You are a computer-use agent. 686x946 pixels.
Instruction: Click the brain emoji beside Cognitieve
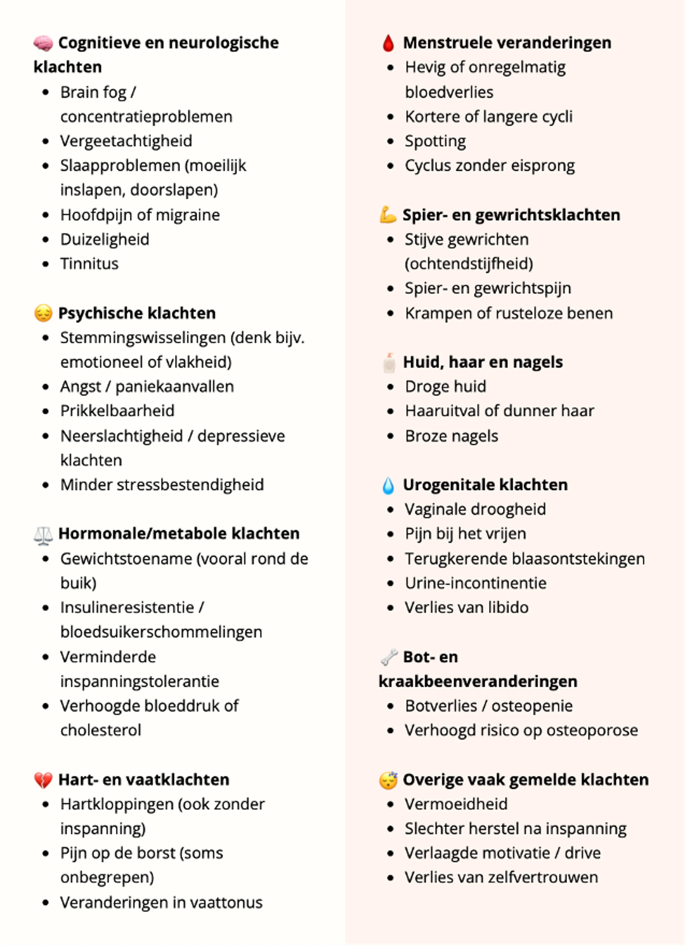click(x=43, y=43)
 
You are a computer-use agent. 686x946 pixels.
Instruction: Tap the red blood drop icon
click(x=388, y=43)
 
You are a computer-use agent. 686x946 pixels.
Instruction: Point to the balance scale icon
click(x=43, y=534)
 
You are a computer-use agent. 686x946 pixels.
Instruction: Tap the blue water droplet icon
click(x=388, y=485)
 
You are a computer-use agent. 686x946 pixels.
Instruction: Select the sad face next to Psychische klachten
click(x=43, y=313)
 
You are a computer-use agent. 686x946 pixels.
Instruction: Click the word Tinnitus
click(x=89, y=264)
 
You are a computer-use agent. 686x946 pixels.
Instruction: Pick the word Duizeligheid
click(x=105, y=239)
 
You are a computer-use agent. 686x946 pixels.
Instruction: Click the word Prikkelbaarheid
click(x=117, y=411)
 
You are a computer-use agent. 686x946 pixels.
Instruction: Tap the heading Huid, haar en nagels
click(x=483, y=362)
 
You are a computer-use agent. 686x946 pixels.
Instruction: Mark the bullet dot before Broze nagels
click(x=391, y=436)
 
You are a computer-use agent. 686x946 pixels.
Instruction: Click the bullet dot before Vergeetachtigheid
click(x=46, y=141)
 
